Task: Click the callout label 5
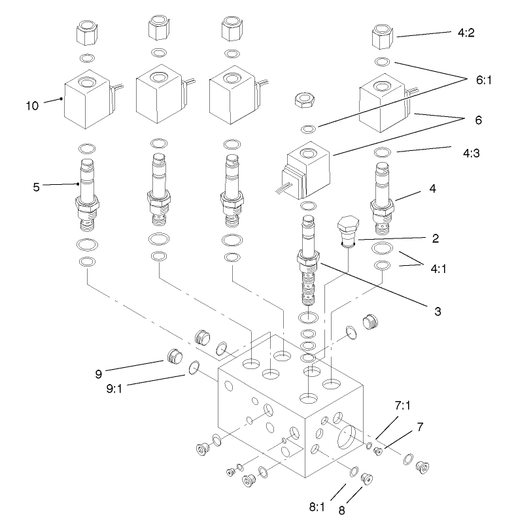coord(36,187)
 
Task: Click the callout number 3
coord(437,311)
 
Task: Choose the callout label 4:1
coord(438,268)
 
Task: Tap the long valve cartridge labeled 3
coord(308,261)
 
